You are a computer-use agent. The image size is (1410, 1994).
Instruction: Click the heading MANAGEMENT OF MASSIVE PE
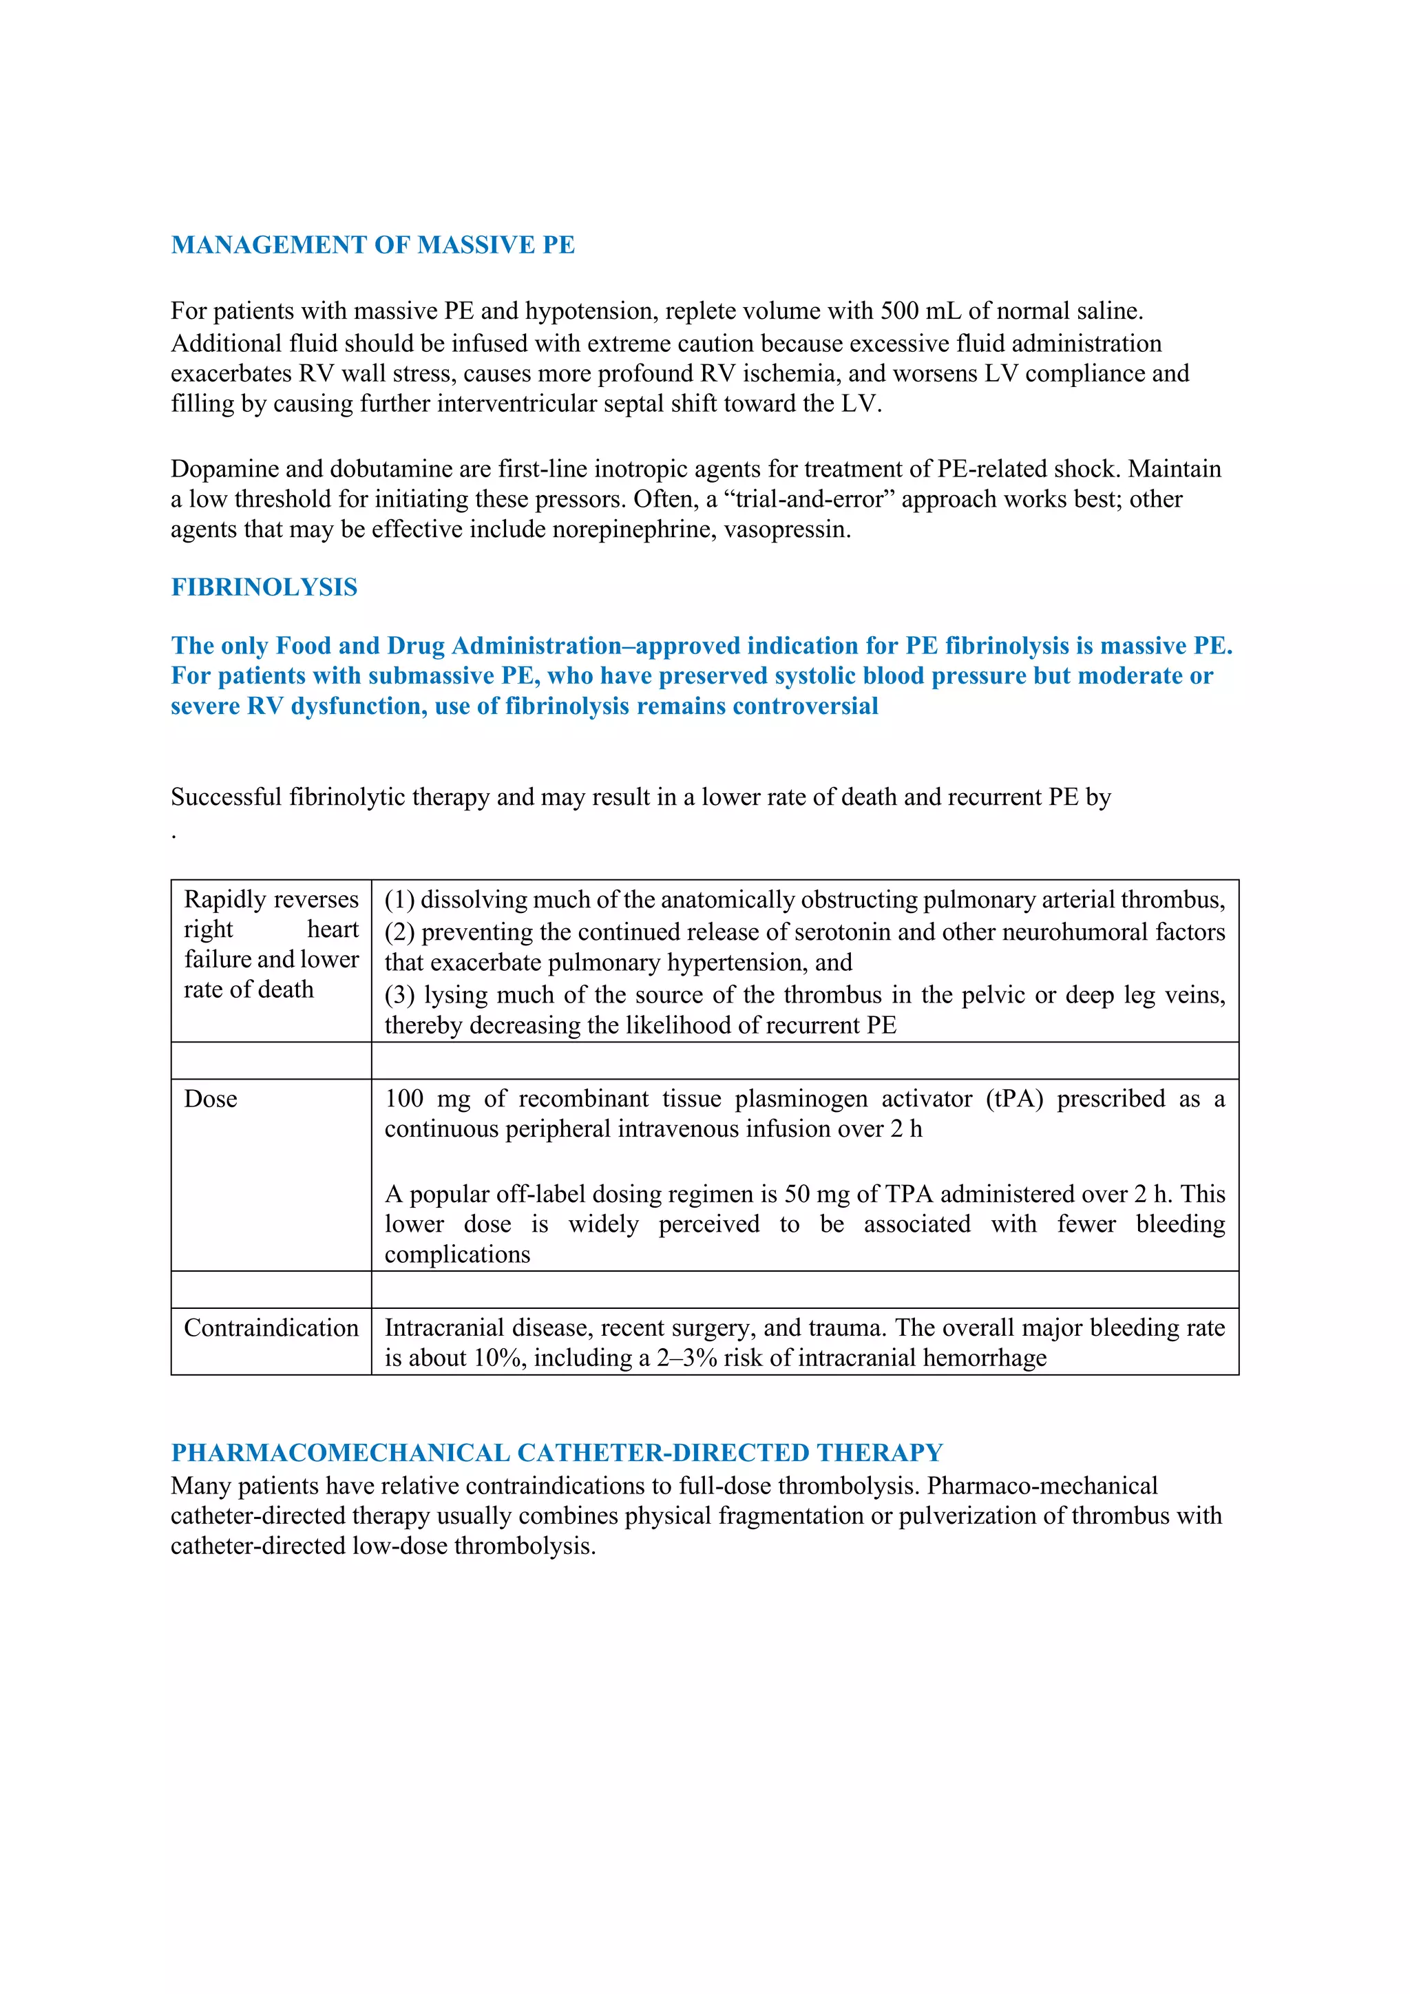[x=372, y=245]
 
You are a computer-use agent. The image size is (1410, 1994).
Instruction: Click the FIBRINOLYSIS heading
[x=264, y=587]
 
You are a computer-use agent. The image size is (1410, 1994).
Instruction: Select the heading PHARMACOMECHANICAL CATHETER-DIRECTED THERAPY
[x=556, y=1453]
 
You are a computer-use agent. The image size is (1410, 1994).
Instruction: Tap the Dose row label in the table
[x=211, y=1099]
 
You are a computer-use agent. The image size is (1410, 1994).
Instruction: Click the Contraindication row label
[x=271, y=1328]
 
